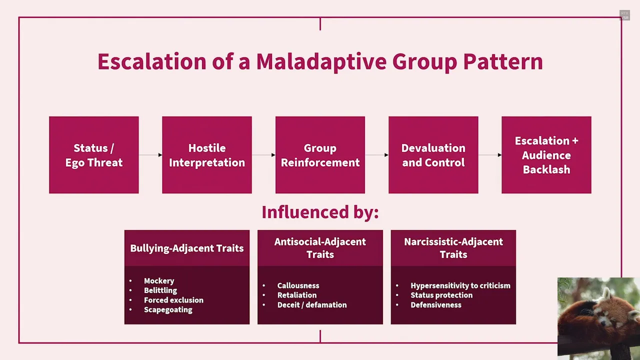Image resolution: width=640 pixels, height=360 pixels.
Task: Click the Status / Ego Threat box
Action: click(x=94, y=155)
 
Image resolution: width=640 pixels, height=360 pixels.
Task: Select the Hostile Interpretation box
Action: click(x=207, y=155)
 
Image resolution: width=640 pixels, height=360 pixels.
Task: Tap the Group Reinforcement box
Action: click(x=320, y=155)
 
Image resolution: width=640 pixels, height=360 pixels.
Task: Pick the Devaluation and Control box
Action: click(x=433, y=155)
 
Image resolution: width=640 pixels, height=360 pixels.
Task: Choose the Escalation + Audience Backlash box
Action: click(x=546, y=155)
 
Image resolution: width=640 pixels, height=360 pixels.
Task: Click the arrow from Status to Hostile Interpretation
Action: click(x=150, y=155)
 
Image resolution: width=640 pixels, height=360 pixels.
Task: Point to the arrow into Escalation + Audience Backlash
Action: click(x=490, y=155)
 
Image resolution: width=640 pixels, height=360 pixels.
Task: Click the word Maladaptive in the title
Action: click(x=321, y=61)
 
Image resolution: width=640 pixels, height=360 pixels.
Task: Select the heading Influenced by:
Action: click(x=320, y=212)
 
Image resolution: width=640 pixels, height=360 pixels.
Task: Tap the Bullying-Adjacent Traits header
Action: click(x=187, y=248)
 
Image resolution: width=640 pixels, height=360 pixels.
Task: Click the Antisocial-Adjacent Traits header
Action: click(x=320, y=248)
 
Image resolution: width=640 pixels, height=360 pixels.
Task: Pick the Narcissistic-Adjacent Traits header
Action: click(x=453, y=248)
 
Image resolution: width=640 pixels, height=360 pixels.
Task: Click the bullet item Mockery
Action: click(x=159, y=281)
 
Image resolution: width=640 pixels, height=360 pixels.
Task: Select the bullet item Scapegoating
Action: click(x=168, y=309)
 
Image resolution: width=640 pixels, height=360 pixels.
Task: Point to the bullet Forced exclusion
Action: click(x=173, y=300)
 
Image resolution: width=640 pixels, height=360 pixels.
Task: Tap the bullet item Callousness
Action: click(x=298, y=285)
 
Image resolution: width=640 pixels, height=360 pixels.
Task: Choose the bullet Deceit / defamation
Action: click(x=311, y=304)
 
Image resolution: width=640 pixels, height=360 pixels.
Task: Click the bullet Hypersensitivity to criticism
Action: click(x=460, y=285)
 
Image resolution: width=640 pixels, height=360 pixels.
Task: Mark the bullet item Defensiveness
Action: click(x=435, y=304)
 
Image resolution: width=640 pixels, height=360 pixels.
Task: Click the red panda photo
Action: click(x=598, y=318)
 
